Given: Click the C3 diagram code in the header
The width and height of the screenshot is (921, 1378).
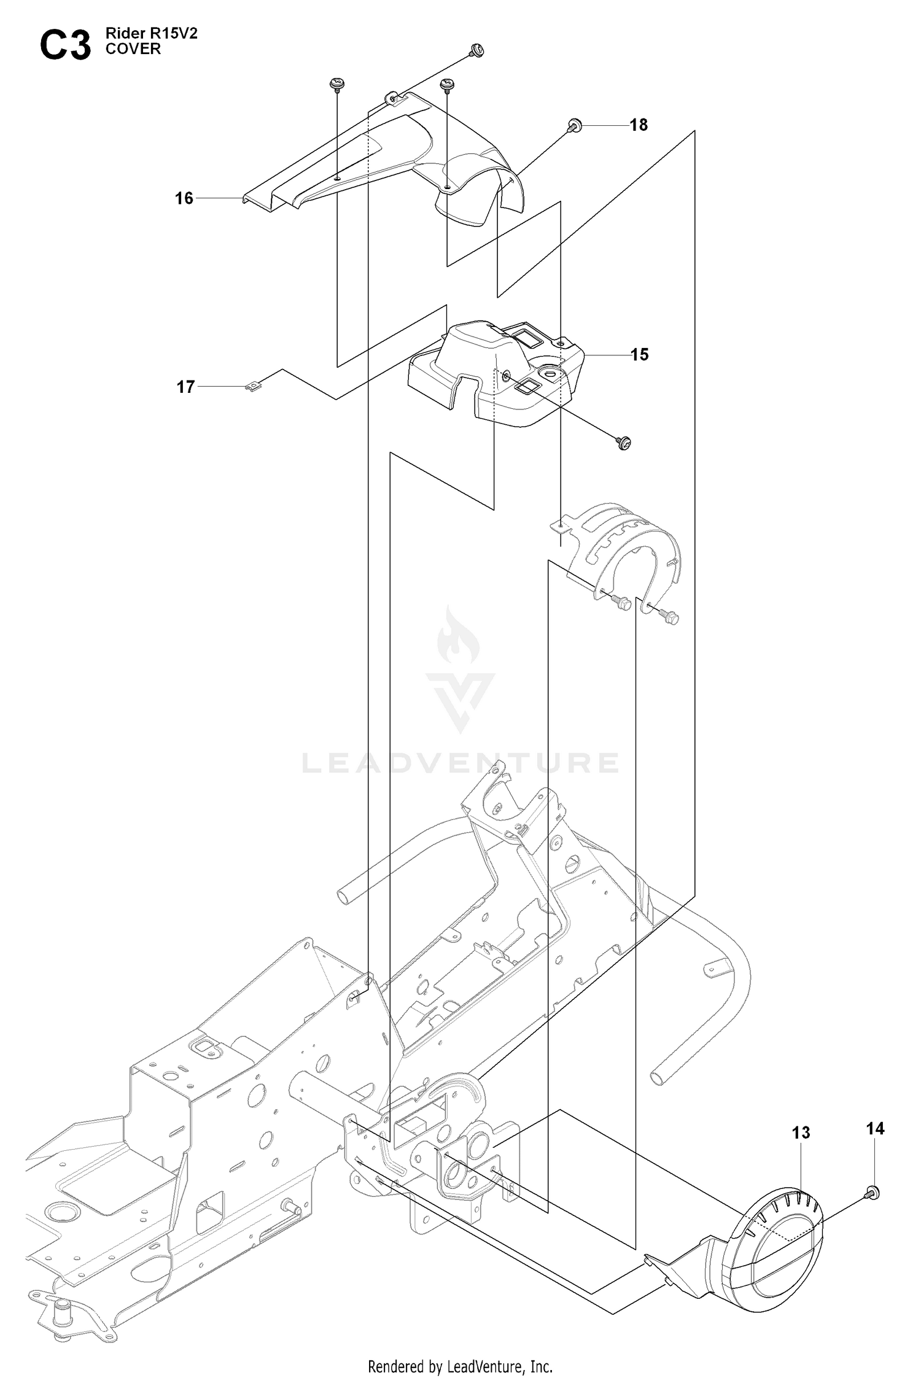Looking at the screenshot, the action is pyautogui.click(x=65, y=46).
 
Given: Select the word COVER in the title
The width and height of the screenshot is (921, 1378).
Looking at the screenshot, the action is pyautogui.click(x=133, y=50).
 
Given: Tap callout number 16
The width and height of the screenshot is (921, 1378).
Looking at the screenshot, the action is pyautogui.click(x=184, y=198).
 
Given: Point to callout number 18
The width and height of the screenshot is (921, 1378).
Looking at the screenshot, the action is pyautogui.click(x=639, y=125).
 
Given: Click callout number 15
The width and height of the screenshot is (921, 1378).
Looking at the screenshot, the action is pyautogui.click(x=639, y=355).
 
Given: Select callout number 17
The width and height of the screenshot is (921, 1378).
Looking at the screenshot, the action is pyautogui.click(x=185, y=387).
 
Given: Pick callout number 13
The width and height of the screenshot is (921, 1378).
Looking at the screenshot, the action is pyautogui.click(x=801, y=1132).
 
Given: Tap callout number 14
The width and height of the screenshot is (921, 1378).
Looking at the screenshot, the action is pyautogui.click(x=876, y=1128).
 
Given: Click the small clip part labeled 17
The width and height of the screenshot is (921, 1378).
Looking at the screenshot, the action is pyautogui.click(x=252, y=386).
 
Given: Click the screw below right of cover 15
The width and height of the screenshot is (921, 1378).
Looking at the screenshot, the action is pyautogui.click(x=624, y=442).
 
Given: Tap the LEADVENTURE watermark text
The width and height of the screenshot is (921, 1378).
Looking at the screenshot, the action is pyautogui.click(x=460, y=763).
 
